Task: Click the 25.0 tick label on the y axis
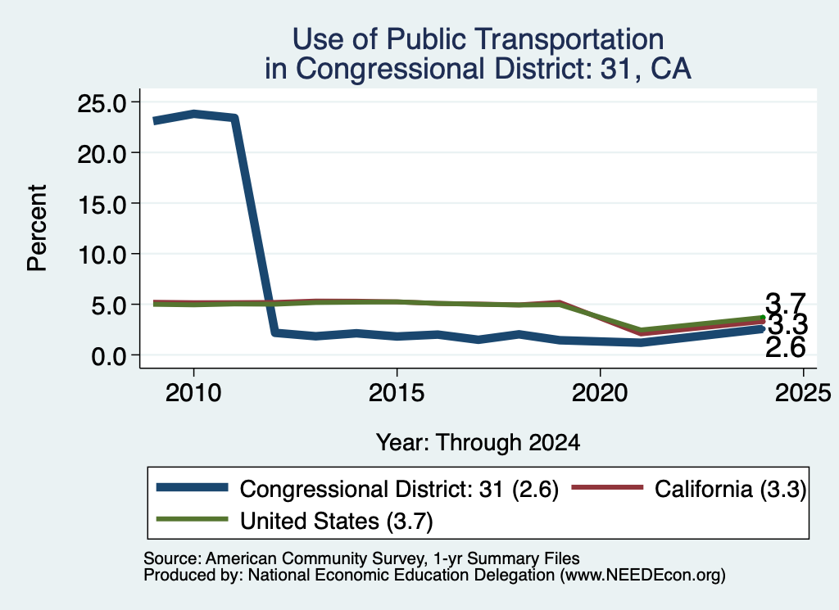click(102, 102)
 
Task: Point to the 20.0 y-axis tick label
click(102, 153)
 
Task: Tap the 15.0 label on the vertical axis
click(102, 204)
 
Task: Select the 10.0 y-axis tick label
click(102, 255)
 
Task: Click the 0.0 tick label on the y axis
click(109, 356)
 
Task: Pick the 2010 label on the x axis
click(193, 394)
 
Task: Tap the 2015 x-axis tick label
click(397, 394)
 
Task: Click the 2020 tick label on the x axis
click(600, 394)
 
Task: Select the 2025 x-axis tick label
click(803, 394)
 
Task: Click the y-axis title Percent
click(37, 228)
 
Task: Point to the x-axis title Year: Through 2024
click(478, 443)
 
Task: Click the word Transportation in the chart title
click(525, 39)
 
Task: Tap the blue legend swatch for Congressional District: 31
click(192, 487)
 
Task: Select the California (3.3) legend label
click(730, 489)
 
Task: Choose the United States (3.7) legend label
click(337, 522)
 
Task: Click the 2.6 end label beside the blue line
click(785, 348)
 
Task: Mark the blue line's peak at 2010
click(193, 114)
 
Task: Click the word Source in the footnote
click(172, 558)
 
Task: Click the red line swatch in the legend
click(607, 487)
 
